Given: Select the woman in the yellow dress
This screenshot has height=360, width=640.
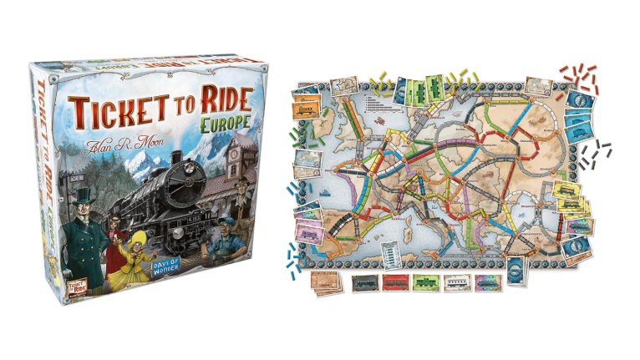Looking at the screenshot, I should point(134,247).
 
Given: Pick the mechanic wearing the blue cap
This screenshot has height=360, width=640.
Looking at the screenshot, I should point(230,238).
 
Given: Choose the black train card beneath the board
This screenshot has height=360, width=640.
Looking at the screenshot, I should point(364,284).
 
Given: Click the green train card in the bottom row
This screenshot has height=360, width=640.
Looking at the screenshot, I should point(425,284).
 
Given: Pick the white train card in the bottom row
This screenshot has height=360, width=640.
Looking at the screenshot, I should point(456,284).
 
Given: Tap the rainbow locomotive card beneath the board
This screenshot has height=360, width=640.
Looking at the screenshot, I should point(488,282).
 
